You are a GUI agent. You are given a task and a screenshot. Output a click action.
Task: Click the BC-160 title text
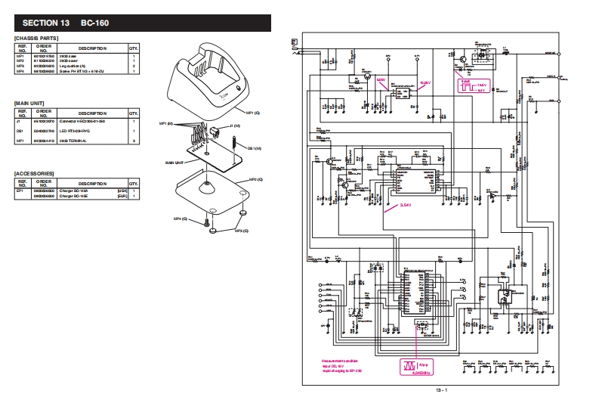point(88,22)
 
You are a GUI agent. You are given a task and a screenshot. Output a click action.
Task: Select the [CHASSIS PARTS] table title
point(37,38)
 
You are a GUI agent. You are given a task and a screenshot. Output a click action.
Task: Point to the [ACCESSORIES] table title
point(36,173)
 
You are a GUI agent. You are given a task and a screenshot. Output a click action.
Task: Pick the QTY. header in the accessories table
point(134,183)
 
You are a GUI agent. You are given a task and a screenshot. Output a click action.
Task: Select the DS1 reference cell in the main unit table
point(21,130)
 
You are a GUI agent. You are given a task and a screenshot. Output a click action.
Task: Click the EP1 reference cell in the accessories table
point(21,191)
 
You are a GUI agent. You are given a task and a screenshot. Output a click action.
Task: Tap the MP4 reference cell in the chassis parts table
point(21,71)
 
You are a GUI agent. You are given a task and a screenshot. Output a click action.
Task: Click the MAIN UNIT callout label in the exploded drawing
point(174,162)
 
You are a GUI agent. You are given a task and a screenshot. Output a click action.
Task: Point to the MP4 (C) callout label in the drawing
point(180,219)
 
